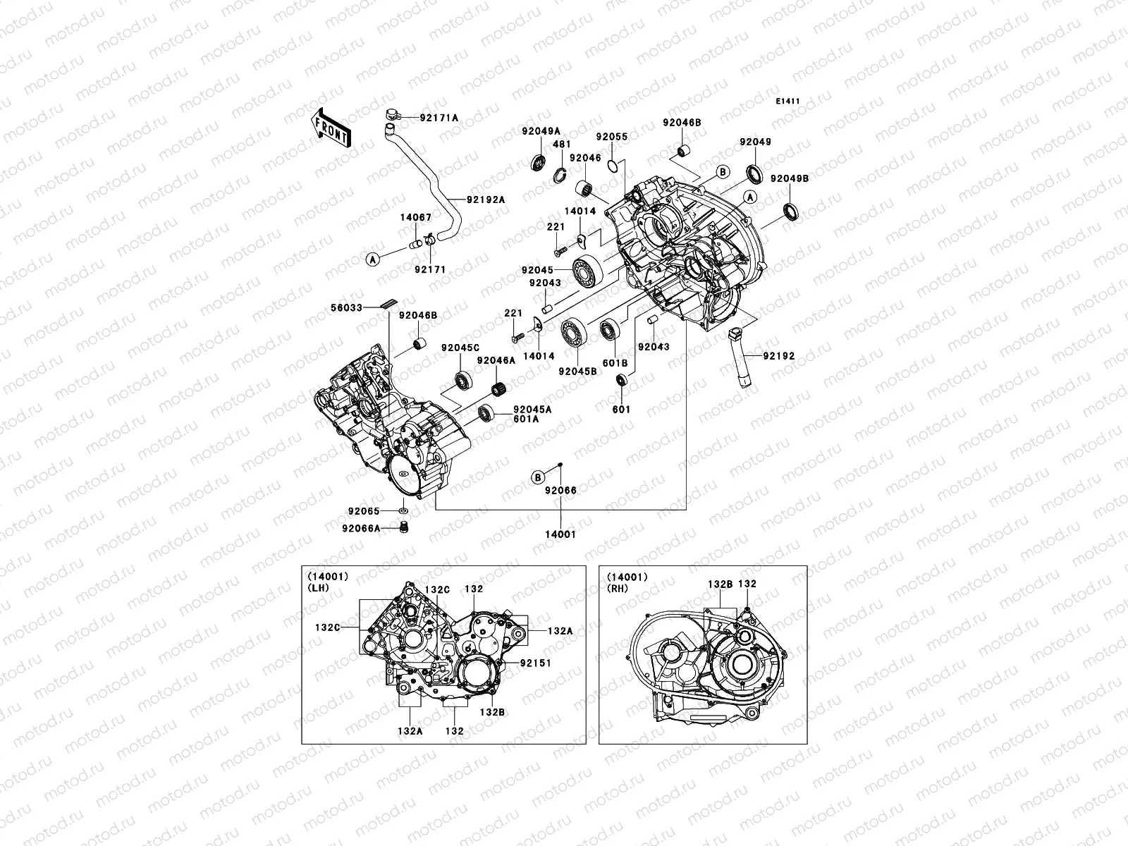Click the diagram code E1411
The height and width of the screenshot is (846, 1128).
(x=787, y=102)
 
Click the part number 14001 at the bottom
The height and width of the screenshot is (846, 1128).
(x=560, y=534)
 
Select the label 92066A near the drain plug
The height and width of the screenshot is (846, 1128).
(x=361, y=527)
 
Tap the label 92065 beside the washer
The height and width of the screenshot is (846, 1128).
(x=363, y=511)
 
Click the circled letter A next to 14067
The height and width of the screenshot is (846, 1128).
(x=372, y=259)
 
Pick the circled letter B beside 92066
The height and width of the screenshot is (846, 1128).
(x=537, y=477)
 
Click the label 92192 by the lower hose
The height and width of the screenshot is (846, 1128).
(x=777, y=356)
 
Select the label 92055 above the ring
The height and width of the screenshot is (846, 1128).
(x=611, y=137)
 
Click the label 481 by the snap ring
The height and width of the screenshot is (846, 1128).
(x=561, y=144)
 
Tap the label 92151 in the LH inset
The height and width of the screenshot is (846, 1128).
(x=536, y=663)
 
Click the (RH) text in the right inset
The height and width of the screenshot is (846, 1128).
(x=618, y=588)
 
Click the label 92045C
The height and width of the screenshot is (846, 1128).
(x=460, y=348)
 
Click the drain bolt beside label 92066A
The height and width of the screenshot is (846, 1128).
(x=404, y=527)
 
